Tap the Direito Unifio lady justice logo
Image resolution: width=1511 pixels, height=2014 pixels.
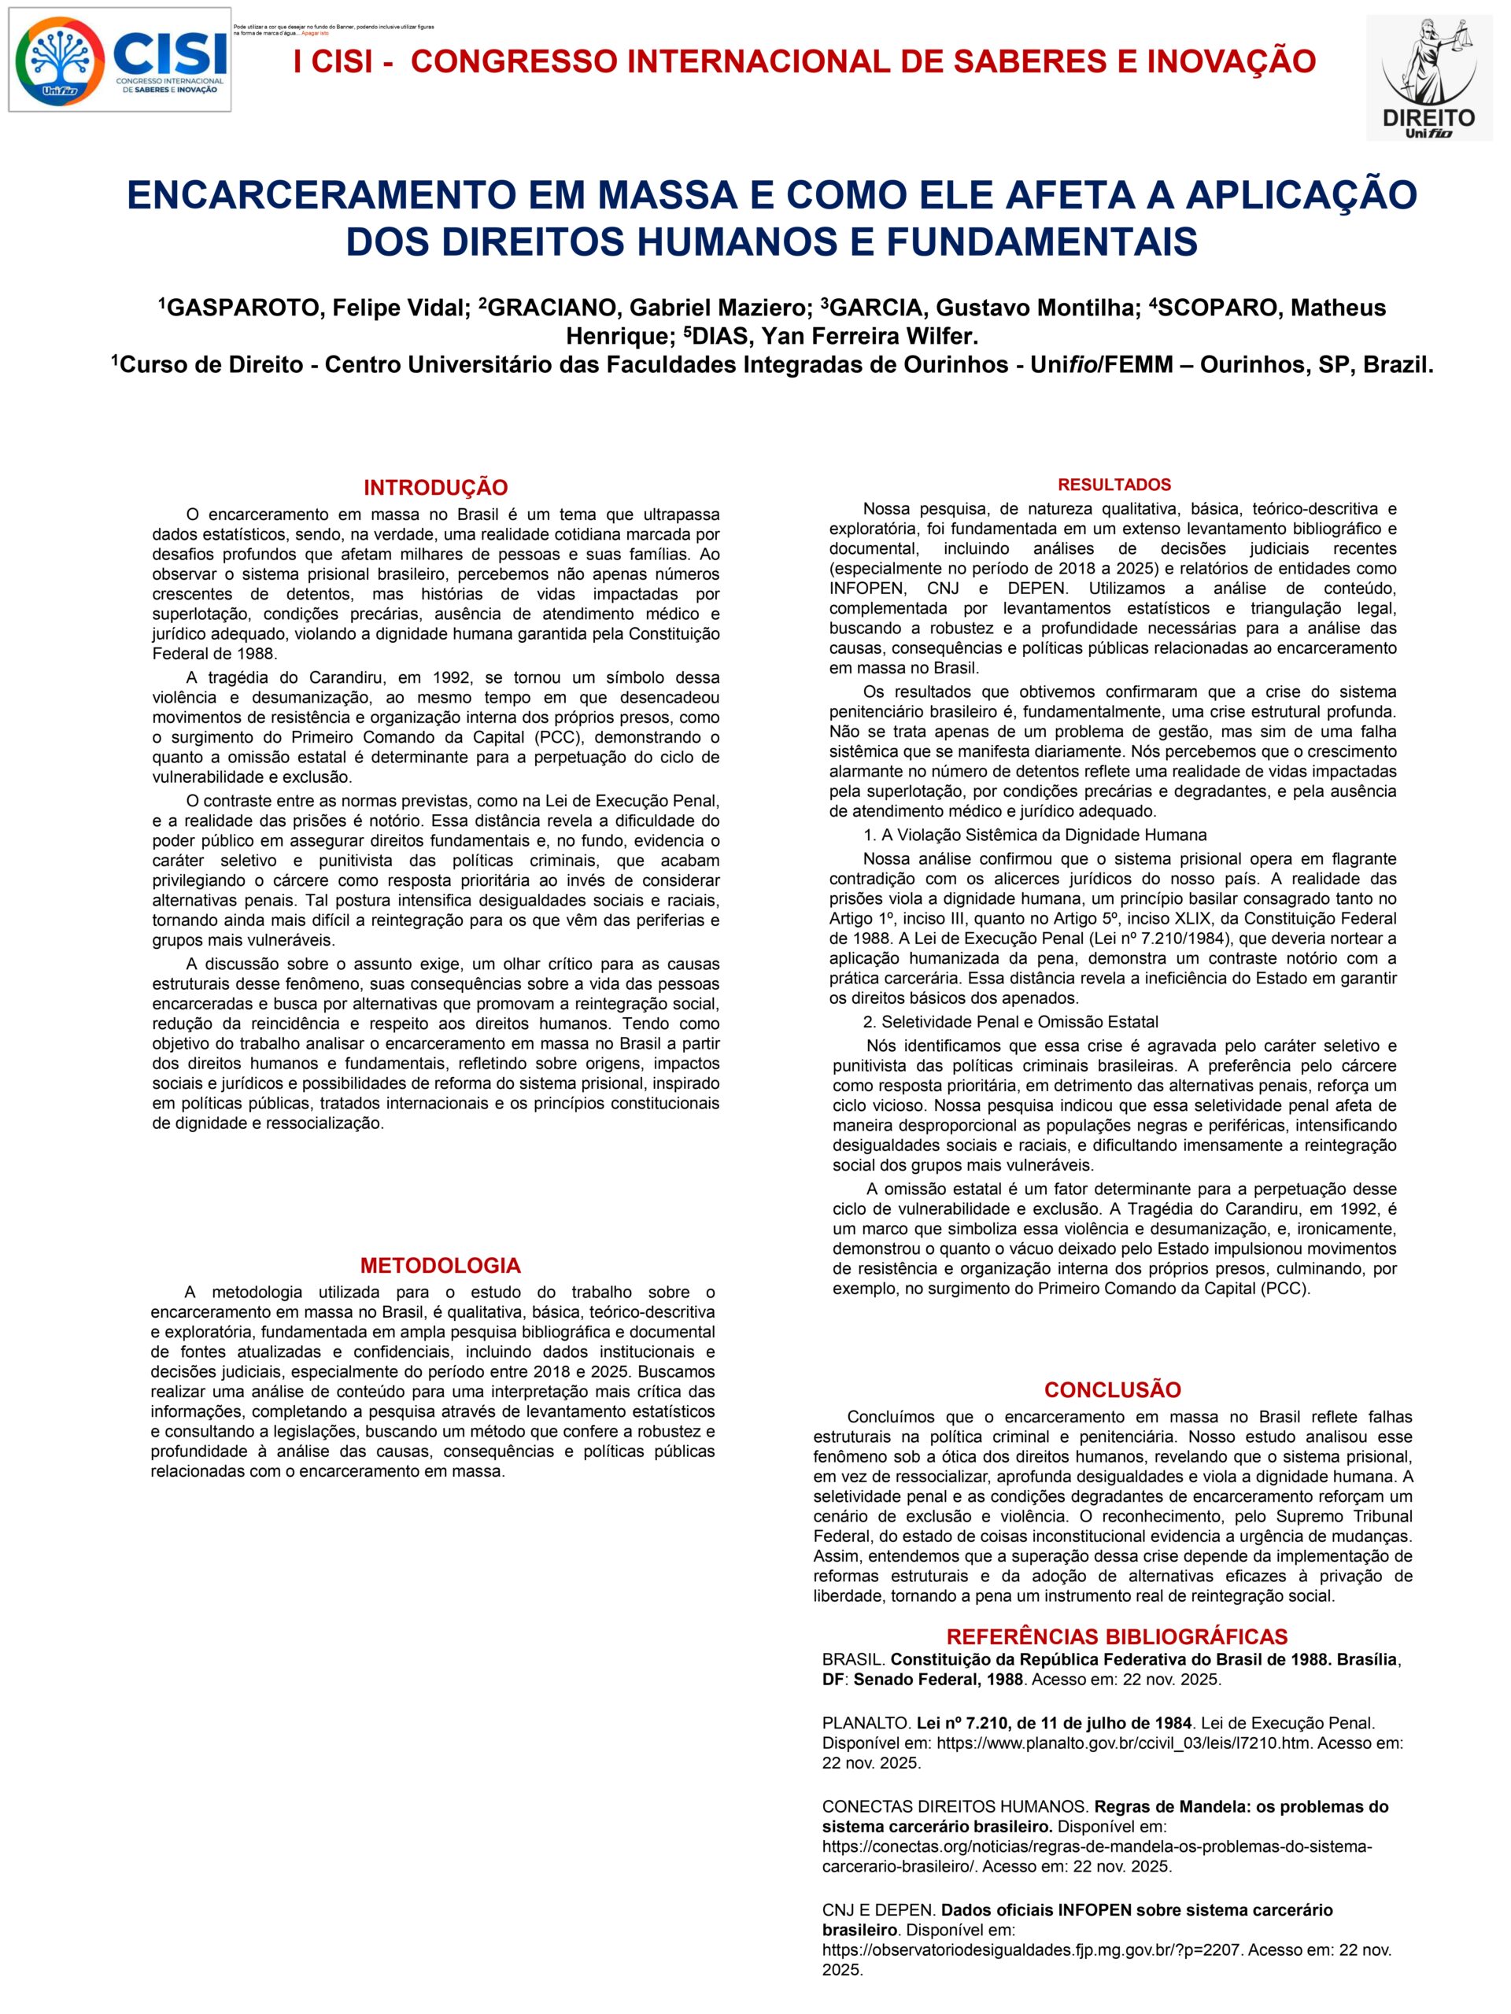[1428, 77]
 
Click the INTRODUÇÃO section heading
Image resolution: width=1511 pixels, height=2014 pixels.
[435, 487]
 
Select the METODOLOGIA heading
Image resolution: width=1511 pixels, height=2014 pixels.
[440, 1265]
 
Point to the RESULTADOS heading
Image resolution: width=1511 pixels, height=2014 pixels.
[1114, 485]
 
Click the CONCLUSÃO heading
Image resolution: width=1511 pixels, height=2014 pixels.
[1112, 1389]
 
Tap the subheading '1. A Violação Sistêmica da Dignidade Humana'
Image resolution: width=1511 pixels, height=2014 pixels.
[1035, 834]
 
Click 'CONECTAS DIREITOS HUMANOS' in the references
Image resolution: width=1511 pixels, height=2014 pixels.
[955, 1806]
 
